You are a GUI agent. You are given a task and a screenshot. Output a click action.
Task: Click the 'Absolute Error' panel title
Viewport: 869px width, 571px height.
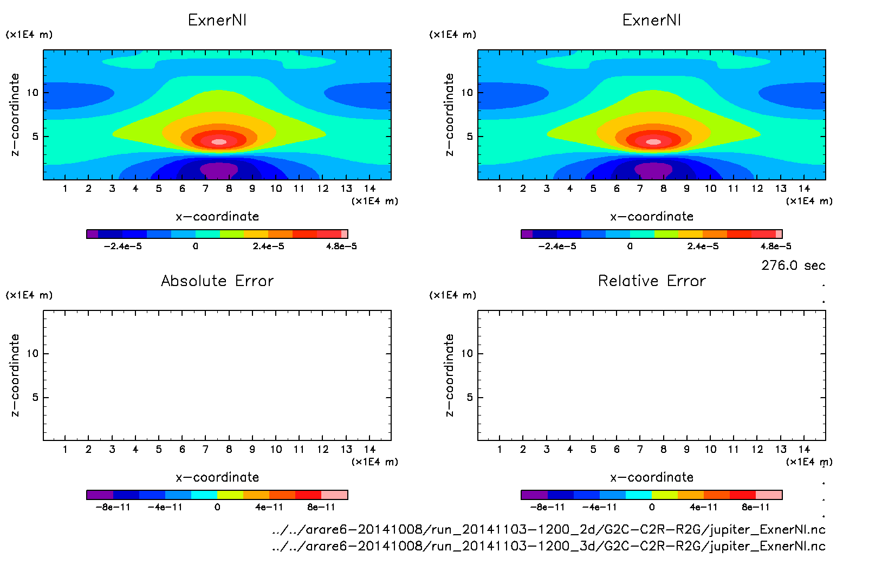(x=217, y=281)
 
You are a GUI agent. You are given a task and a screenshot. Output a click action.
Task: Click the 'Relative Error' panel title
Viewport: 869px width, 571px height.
(x=652, y=281)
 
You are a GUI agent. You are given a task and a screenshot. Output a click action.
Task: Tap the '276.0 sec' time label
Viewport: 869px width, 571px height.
(x=793, y=265)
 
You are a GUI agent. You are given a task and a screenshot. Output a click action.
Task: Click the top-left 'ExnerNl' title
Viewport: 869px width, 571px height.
(x=217, y=20)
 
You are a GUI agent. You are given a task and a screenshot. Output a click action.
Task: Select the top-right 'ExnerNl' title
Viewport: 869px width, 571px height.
(x=652, y=20)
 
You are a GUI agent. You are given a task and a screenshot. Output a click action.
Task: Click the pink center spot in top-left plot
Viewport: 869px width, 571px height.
(x=219, y=142)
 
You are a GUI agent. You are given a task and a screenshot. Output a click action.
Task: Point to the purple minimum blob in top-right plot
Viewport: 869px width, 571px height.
(x=653, y=170)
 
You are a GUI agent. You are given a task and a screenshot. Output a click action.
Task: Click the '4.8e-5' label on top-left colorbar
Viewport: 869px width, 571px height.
(x=341, y=246)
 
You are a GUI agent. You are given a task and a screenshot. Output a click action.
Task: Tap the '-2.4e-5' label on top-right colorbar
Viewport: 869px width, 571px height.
(x=557, y=246)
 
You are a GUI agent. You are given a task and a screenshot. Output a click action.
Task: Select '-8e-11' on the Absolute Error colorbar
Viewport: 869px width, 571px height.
(x=113, y=508)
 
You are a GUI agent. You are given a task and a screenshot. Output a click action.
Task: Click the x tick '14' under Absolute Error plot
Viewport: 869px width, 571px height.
(x=369, y=449)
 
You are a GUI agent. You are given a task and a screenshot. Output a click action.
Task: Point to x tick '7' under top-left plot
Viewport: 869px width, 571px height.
(x=205, y=189)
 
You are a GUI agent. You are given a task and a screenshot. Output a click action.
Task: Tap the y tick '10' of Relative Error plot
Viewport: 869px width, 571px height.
(x=467, y=354)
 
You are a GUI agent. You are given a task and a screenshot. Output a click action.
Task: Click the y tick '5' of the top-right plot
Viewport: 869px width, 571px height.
(x=470, y=137)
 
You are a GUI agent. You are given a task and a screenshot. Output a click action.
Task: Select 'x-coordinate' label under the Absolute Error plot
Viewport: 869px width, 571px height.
(x=217, y=477)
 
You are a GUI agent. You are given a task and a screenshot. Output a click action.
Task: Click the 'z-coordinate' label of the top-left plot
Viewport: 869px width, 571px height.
(x=15, y=115)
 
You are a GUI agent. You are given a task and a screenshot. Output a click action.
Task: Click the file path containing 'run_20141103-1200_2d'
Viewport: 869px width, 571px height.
(x=548, y=529)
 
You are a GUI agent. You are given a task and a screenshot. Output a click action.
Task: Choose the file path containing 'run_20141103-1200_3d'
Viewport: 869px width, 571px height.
(x=548, y=546)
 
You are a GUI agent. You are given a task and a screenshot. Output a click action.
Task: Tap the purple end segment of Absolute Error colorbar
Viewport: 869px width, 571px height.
(x=100, y=495)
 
